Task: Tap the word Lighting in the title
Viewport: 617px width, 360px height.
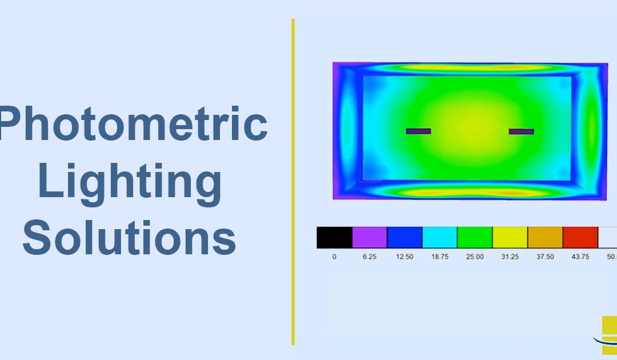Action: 130,182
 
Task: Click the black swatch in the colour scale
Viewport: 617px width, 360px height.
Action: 334,237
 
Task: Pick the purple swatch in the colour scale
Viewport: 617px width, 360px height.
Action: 370,237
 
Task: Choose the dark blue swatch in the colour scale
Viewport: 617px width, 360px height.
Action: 404,237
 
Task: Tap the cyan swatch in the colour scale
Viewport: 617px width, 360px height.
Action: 439,237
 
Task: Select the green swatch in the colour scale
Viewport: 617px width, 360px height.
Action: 475,237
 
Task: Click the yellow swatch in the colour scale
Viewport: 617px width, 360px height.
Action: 510,237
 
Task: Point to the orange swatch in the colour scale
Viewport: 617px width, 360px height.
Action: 545,237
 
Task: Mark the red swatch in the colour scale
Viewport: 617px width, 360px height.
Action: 580,237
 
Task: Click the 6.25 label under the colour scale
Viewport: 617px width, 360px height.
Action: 370,257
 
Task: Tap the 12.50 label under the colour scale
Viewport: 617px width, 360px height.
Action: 404,257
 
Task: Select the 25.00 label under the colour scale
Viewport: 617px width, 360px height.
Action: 475,257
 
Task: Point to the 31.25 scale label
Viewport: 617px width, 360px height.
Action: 510,257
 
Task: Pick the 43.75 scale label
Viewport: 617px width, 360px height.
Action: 580,257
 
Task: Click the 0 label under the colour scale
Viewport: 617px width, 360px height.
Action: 334,257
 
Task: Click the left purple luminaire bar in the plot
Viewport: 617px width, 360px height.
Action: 419,131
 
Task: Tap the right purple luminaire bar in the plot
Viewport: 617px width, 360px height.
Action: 521,131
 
